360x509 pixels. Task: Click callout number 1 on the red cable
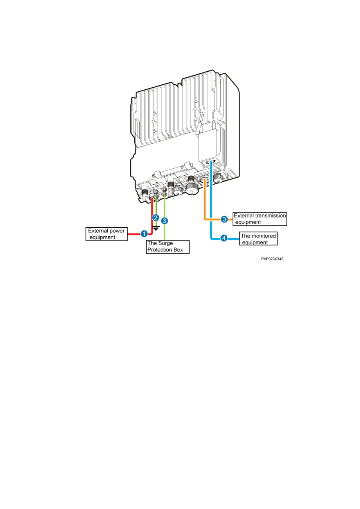(144, 234)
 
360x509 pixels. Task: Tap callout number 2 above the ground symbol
(156, 218)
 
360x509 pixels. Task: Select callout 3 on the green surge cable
(164, 221)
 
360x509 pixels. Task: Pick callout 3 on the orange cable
(224, 219)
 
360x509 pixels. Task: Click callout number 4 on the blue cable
(224, 238)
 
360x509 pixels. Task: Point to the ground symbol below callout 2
(156, 228)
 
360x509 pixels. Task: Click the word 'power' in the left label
(117, 231)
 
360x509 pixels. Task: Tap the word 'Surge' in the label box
(165, 243)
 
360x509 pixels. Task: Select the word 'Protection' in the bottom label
(160, 250)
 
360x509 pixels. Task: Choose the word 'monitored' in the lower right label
(264, 236)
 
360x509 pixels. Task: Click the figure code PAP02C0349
(272, 259)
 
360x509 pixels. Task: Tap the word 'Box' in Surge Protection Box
(178, 250)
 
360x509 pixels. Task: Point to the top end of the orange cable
(205, 180)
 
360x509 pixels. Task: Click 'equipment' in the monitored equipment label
(255, 242)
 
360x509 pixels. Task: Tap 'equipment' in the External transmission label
(248, 222)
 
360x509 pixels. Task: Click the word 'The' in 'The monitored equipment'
(245, 236)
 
